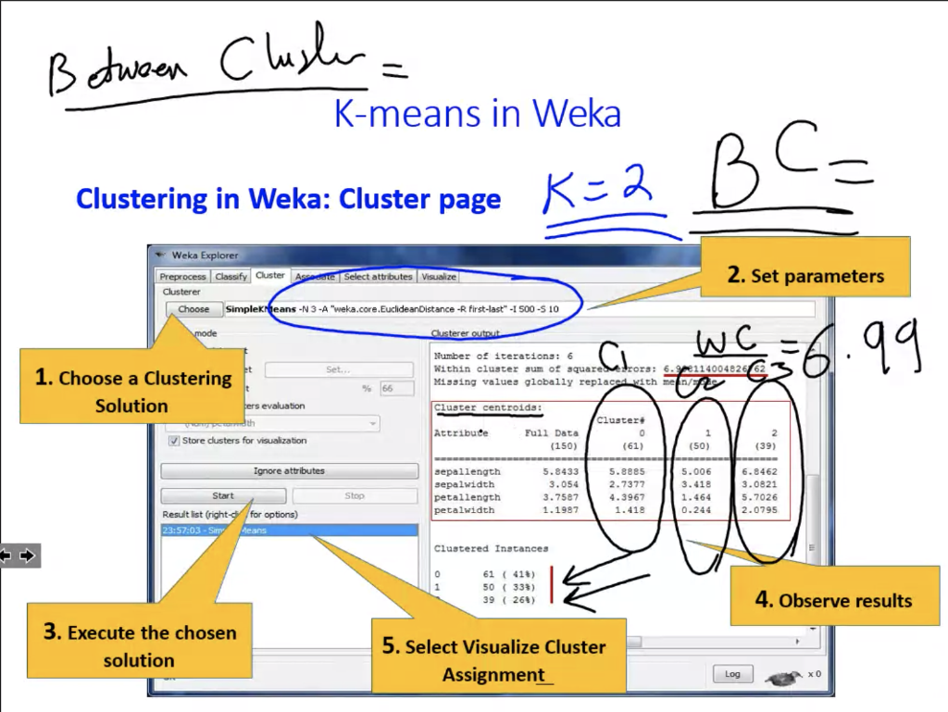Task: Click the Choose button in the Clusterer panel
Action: [193, 309]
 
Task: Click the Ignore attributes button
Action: [289, 471]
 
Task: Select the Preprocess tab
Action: [182, 277]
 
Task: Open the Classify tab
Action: [231, 277]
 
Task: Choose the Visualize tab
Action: [439, 277]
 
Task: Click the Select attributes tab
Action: [378, 277]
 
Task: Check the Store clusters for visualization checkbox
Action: [175, 441]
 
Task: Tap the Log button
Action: [732, 674]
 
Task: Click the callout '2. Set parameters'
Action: [805, 275]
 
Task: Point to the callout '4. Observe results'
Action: [834, 600]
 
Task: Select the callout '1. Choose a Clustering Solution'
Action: [132, 391]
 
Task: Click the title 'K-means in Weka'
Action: [477, 114]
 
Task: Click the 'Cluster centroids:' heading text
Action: [488, 408]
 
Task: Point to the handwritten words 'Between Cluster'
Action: [204, 68]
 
